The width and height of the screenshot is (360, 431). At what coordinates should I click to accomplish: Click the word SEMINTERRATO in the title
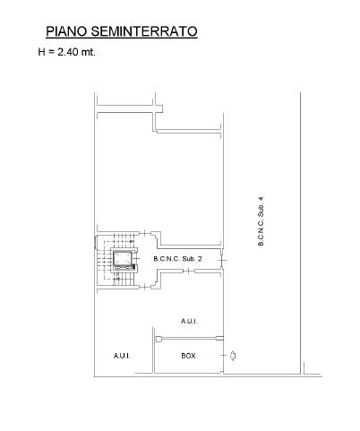[x=144, y=31]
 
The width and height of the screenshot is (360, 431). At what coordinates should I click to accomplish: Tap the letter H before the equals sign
[x=41, y=52]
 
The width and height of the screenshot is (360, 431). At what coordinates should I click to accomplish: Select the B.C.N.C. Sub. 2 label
[x=177, y=259]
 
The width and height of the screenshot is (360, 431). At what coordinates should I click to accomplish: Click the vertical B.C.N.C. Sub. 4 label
[x=261, y=220]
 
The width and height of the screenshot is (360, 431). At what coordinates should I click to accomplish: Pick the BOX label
[x=188, y=356]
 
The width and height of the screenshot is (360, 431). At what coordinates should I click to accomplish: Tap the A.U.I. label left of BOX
[x=122, y=356]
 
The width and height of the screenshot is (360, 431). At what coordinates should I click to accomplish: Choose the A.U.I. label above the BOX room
[x=189, y=322]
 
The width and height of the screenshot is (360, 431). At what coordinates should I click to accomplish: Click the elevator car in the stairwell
[x=123, y=258]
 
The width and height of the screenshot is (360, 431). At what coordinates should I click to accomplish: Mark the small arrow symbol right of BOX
[x=233, y=356]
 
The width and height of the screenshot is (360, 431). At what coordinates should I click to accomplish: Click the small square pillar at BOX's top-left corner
[x=159, y=339]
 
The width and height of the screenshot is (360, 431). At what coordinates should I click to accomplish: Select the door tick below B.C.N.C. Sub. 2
[x=189, y=271]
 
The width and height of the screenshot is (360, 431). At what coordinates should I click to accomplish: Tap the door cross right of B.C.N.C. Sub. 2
[x=222, y=260]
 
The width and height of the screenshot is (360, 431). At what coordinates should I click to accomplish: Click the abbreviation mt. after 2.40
[x=88, y=52]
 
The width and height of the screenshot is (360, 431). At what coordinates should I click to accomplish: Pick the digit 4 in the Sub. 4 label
[x=261, y=198]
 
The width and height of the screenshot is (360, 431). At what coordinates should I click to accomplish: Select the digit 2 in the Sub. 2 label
[x=200, y=259]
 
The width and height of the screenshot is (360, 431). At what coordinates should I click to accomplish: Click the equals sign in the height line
[x=51, y=52]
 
